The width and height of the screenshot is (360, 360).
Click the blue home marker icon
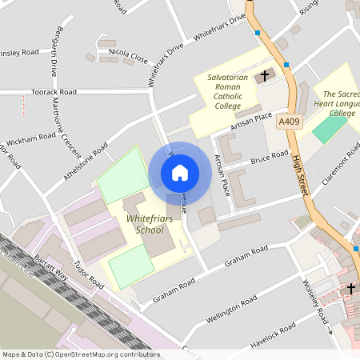coord(180,173)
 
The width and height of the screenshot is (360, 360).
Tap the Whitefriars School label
coord(138,224)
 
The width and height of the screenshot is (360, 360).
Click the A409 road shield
coord(289,122)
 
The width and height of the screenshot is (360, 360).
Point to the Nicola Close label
coord(130,58)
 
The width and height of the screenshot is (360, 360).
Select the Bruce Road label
coord(269,157)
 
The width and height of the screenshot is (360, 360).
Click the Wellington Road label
coord(230,305)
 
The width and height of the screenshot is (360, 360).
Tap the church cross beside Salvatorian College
coord(264,76)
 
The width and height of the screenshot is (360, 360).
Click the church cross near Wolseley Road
coord(350,289)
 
